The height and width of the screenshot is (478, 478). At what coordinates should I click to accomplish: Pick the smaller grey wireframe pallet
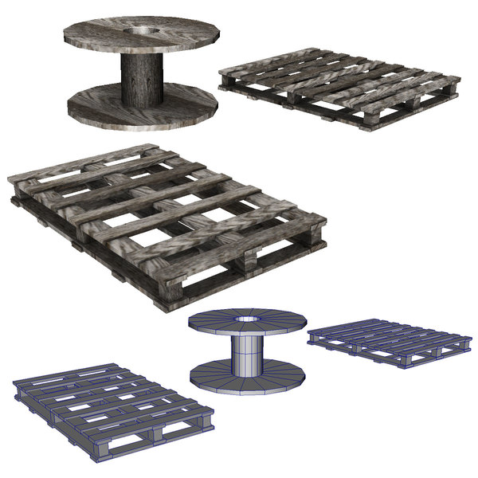(386, 342)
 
